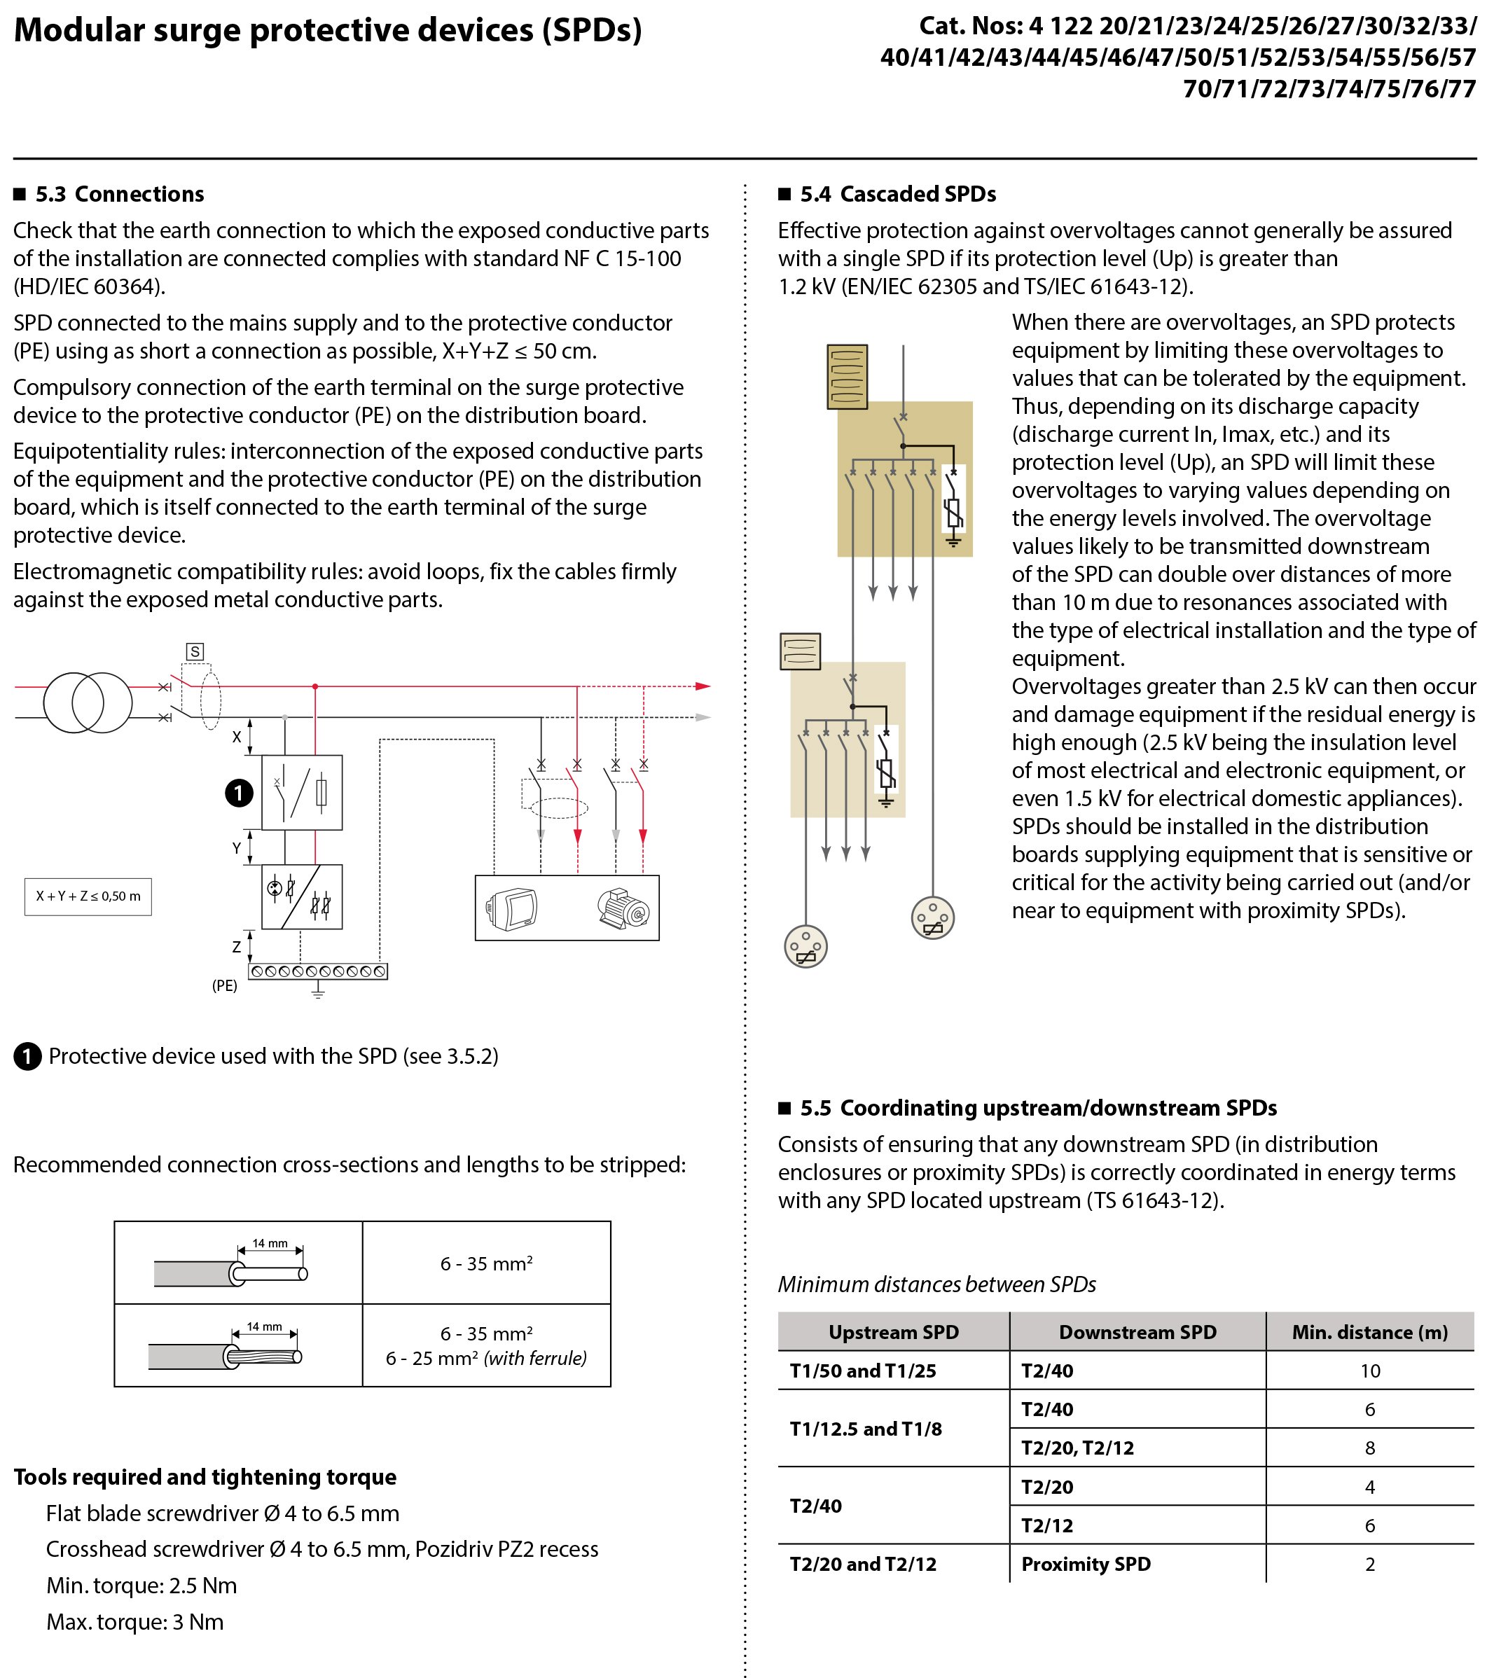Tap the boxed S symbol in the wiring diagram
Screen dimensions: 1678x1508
point(195,651)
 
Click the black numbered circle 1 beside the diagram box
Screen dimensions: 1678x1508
point(240,793)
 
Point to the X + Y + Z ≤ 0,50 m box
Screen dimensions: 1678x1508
point(88,896)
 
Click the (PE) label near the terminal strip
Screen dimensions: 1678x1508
point(225,985)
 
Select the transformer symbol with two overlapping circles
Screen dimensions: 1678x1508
point(88,702)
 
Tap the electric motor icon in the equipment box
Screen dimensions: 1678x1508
point(623,908)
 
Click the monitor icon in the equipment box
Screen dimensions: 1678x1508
point(512,909)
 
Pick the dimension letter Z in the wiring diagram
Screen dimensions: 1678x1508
point(237,946)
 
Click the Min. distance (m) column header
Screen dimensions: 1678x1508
point(1369,1331)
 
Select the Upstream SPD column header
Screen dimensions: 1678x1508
point(893,1331)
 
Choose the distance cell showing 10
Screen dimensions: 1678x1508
point(1369,1371)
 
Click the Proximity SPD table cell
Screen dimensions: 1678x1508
point(1086,1564)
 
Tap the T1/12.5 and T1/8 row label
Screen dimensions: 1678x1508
point(865,1429)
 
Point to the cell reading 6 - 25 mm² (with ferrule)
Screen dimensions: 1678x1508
point(486,1358)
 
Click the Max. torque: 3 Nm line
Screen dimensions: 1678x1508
point(135,1622)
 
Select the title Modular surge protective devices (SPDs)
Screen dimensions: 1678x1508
point(328,31)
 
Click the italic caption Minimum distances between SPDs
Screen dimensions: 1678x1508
point(936,1284)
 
